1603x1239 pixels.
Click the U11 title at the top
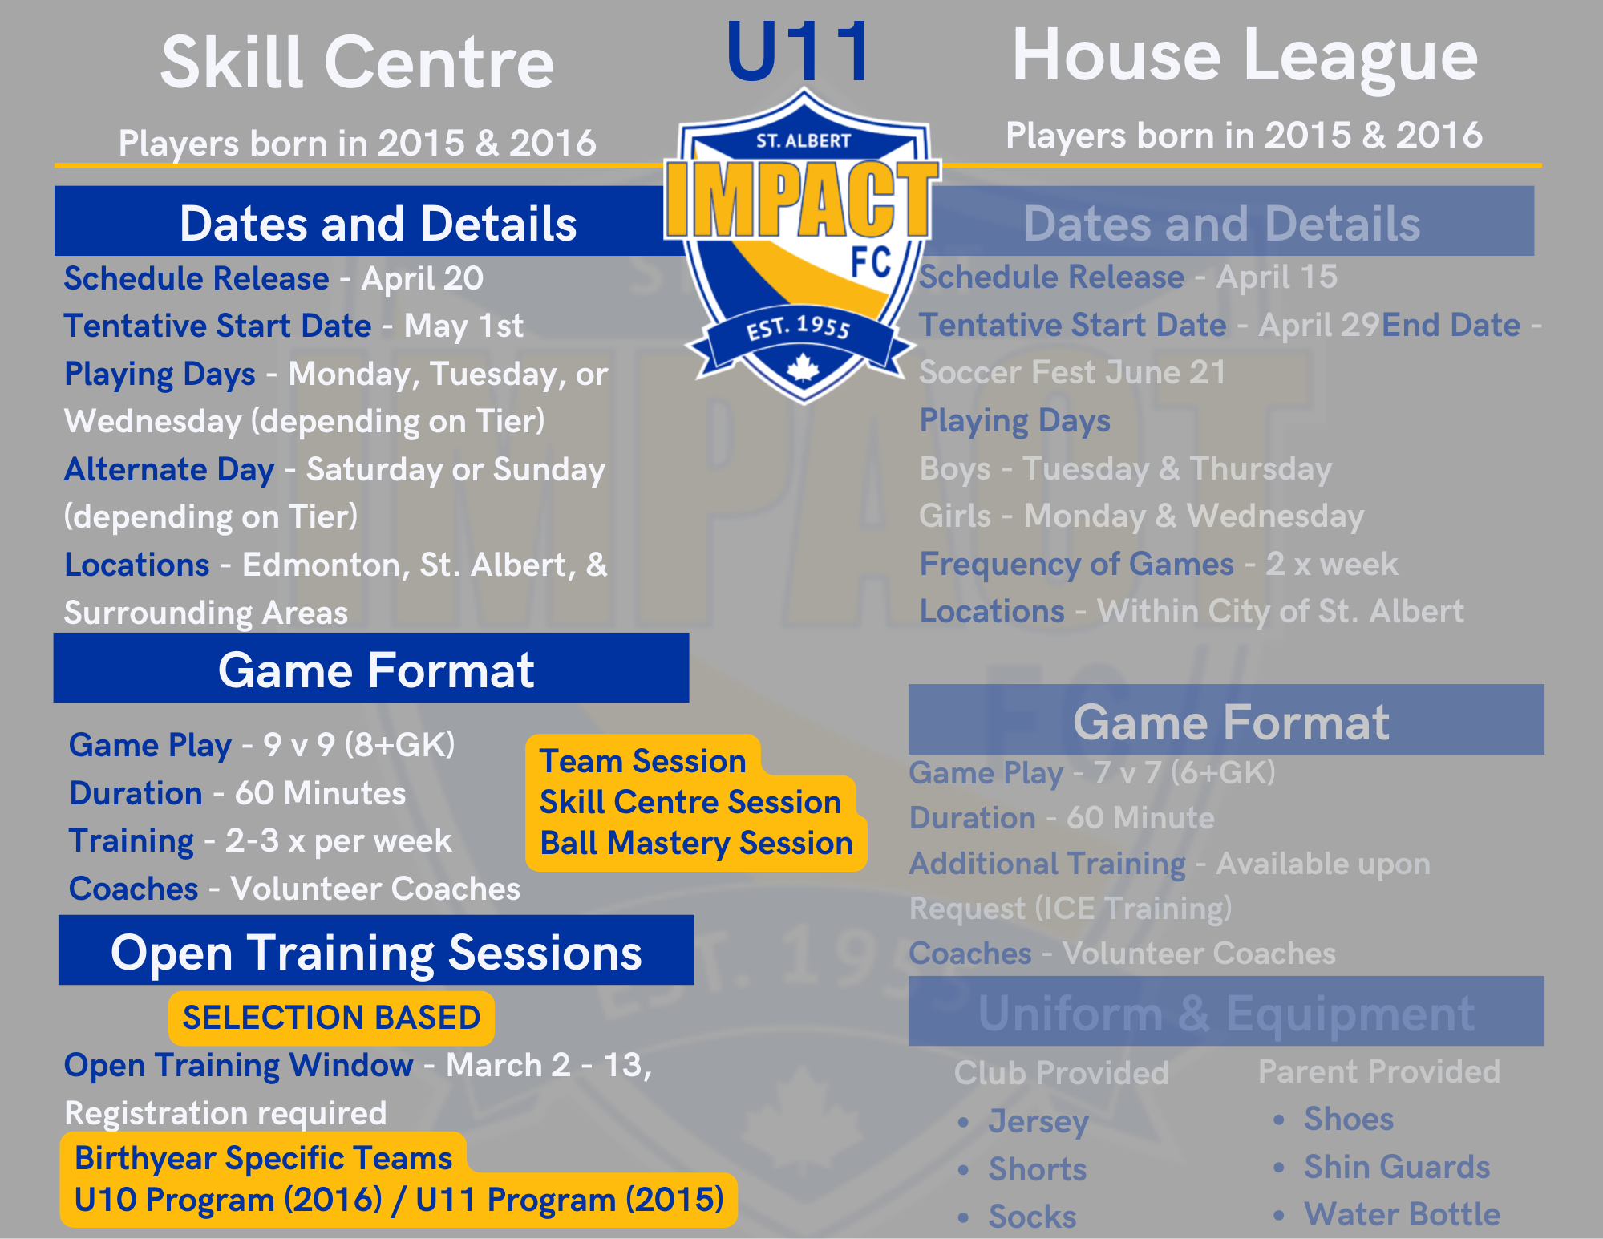click(x=798, y=52)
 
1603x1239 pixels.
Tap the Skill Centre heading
click(x=358, y=63)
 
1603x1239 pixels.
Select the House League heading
click(x=1245, y=56)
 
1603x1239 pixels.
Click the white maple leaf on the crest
click(x=803, y=367)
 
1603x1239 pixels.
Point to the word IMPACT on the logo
click(x=803, y=199)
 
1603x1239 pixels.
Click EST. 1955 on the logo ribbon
click(x=799, y=327)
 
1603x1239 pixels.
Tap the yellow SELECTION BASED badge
click(x=331, y=1018)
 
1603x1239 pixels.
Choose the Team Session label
click(x=643, y=761)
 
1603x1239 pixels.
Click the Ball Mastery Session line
click(x=696, y=843)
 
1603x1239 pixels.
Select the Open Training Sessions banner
click(x=376, y=950)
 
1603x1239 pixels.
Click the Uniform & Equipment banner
click(x=1226, y=1012)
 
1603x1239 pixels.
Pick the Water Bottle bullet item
click(x=1402, y=1214)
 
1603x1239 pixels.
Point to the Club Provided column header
click(x=1062, y=1073)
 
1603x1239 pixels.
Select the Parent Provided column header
click(x=1379, y=1071)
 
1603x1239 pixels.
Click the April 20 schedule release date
click(x=423, y=279)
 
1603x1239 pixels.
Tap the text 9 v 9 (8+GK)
click(x=359, y=745)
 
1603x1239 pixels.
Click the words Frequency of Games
click(x=1077, y=564)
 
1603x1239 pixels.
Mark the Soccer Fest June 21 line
click(x=1073, y=372)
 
